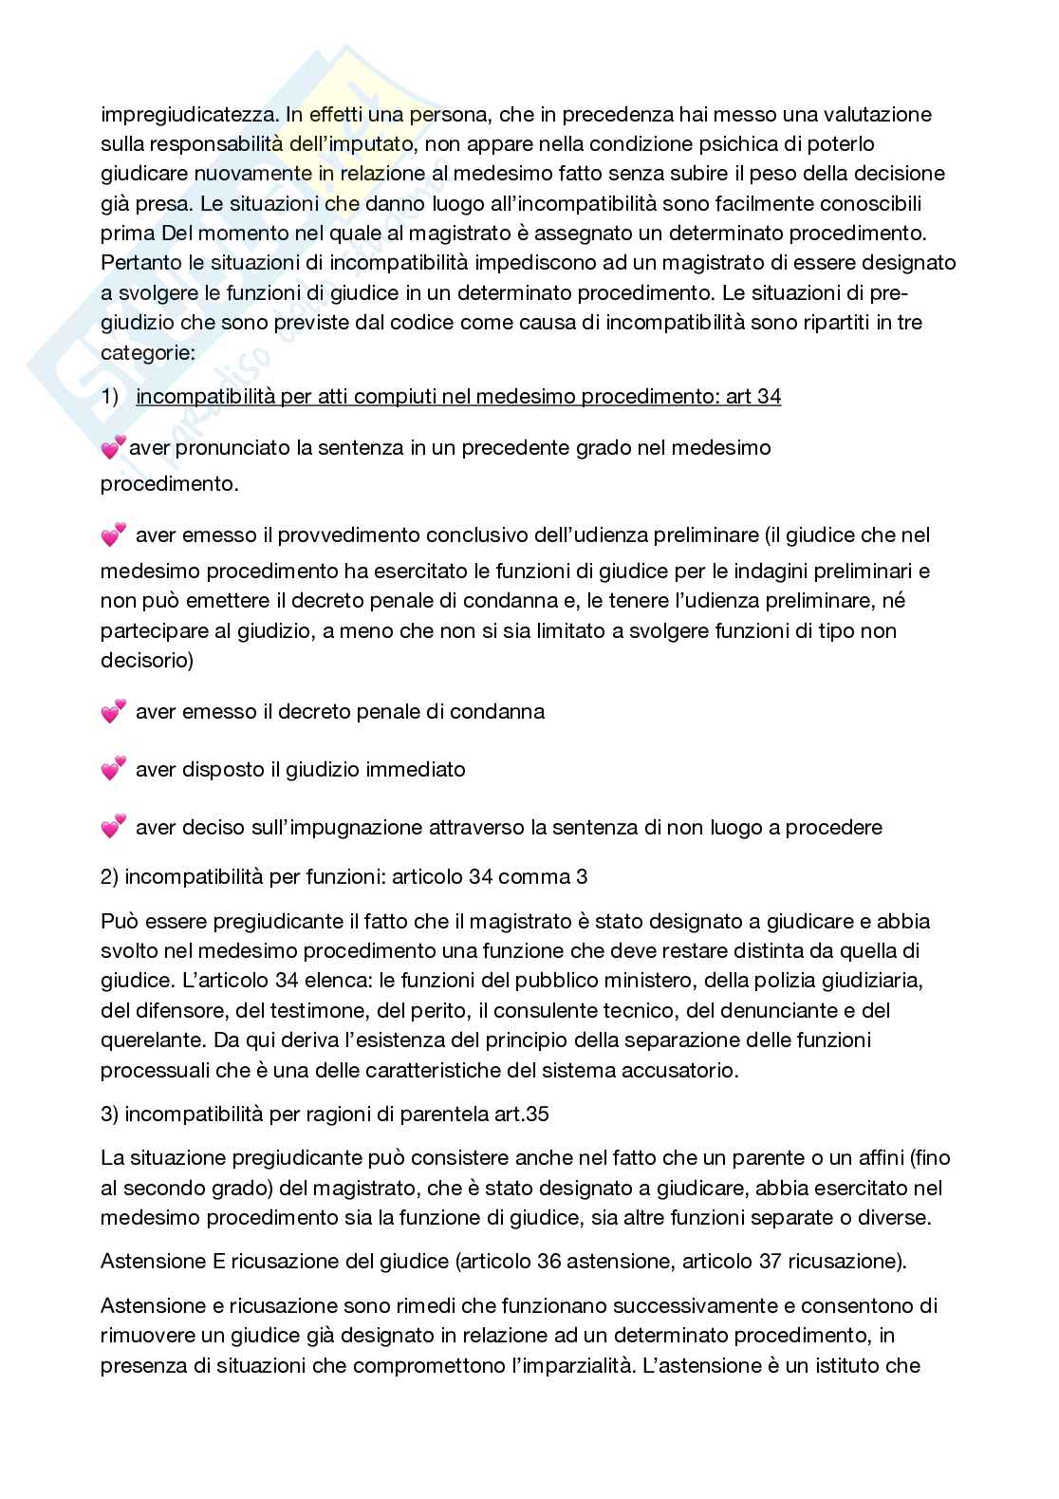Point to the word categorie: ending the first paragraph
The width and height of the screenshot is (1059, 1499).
tap(147, 351)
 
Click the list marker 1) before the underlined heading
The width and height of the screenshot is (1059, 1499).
tap(110, 397)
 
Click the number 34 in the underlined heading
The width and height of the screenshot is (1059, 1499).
tap(769, 397)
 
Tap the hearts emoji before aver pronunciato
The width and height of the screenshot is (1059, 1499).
tap(113, 447)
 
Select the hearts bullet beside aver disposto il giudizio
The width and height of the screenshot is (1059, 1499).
tap(113, 769)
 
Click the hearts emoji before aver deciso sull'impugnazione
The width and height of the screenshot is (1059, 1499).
tap(113, 828)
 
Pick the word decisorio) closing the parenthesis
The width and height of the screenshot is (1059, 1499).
tap(147, 660)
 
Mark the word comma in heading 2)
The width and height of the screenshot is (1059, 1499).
tap(534, 876)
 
